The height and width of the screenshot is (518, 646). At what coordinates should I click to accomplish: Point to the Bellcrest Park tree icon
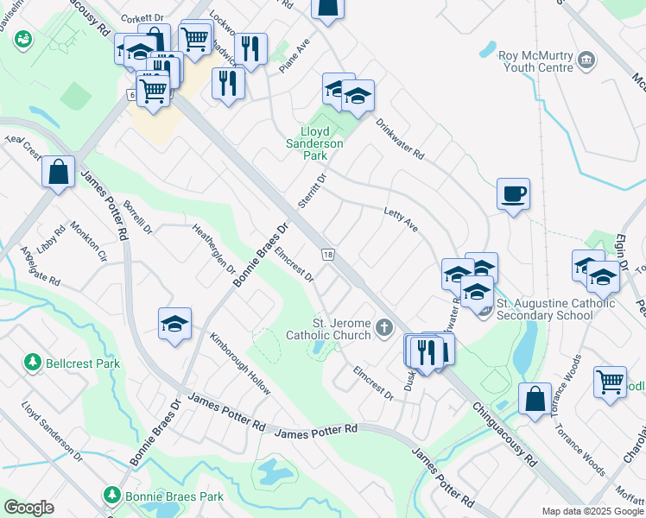pyautogui.click(x=34, y=362)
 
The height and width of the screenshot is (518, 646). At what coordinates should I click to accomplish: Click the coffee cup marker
pyautogui.click(x=514, y=193)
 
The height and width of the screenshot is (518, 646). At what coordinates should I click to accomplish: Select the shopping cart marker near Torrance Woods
pyautogui.click(x=611, y=381)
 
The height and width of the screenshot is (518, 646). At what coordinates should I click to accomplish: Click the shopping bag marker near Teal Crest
pyautogui.click(x=57, y=171)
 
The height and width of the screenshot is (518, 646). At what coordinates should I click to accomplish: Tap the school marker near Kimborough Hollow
pyautogui.click(x=174, y=324)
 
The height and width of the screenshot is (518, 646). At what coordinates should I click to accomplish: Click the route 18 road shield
pyautogui.click(x=327, y=254)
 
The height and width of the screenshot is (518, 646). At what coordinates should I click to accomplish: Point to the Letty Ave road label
pyautogui.click(x=401, y=219)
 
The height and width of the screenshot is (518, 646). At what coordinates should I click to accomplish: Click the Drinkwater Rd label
pyautogui.click(x=400, y=138)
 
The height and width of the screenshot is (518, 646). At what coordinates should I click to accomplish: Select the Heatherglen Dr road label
pyautogui.click(x=214, y=245)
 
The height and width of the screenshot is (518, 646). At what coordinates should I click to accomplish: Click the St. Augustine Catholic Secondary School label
pyautogui.click(x=549, y=309)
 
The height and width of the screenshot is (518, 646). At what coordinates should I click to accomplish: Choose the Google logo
pyautogui.click(x=29, y=508)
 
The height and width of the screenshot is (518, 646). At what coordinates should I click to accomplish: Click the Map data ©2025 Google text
pyautogui.click(x=592, y=511)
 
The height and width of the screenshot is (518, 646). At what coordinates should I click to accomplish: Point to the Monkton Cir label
pyautogui.click(x=89, y=243)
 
